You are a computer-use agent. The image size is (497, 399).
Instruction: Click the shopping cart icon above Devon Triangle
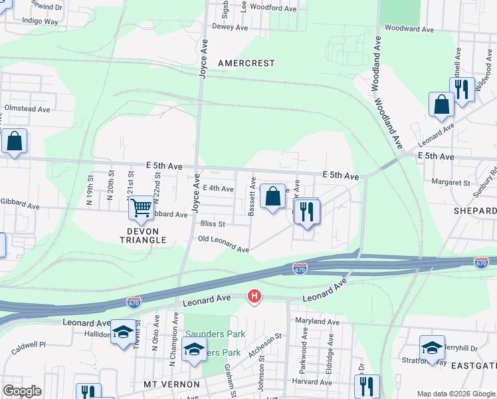pos(141,208)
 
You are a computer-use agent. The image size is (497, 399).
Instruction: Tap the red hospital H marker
pos(253,297)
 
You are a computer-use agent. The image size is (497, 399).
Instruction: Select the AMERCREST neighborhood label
pos(246,63)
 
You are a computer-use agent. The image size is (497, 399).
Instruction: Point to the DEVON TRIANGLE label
pos(142,235)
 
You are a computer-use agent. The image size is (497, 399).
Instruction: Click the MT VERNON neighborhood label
pos(171,384)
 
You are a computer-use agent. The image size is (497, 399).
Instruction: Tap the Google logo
pos(22,391)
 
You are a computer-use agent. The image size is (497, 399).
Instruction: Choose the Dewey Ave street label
pos(229,27)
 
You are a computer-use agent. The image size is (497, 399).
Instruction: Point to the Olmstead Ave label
pos(27,108)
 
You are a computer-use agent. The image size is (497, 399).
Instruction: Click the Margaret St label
pos(450,182)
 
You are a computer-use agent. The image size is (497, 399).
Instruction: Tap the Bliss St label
pos(213,225)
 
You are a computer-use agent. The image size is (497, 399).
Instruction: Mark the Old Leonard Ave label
pos(223,244)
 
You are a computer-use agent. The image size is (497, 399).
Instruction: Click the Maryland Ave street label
pos(315,322)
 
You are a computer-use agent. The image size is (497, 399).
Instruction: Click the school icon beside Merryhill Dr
pos(432,346)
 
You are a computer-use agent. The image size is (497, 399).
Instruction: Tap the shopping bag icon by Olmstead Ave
pos(14,142)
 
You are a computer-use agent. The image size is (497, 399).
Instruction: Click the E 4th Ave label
pos(218,189)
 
